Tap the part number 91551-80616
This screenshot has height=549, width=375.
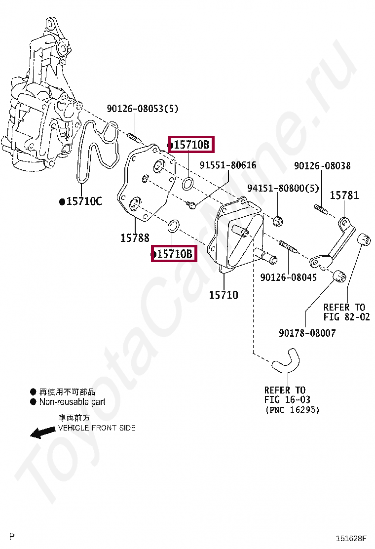228,165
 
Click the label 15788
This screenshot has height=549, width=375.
135,238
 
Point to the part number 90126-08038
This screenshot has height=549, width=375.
322,166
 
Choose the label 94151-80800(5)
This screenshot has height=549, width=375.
283,189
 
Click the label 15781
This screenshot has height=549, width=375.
344,196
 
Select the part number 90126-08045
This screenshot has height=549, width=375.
289,277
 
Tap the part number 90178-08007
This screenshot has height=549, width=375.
307,333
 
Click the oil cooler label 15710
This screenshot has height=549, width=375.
224,295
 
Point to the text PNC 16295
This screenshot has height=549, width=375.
292,410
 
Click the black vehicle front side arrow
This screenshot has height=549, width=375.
42,432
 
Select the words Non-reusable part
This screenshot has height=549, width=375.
72,402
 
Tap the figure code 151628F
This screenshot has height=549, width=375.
352,538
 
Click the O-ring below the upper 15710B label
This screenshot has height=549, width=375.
188,185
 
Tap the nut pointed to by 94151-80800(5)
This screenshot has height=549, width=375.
279,220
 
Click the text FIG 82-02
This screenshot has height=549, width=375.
346,317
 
